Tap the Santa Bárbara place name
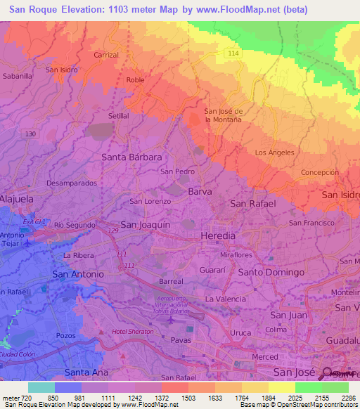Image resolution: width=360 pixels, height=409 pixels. click(132, 157)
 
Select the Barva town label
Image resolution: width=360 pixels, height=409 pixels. click(200, 191)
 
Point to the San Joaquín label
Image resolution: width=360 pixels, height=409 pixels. click(146, 224)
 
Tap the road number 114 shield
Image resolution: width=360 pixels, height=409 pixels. click(233, 53)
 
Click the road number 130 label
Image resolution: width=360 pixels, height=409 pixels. click(30, 134)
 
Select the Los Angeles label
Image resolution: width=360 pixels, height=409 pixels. click(274, 152)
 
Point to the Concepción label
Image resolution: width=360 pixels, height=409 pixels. click(320, 172)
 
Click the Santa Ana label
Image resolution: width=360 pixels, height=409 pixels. click(86, 372)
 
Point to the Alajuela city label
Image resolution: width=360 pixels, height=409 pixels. click(16, 199)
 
